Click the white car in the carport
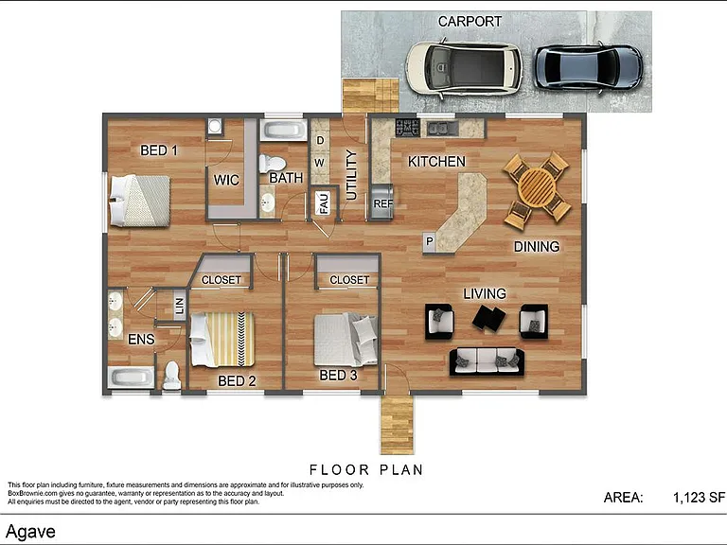(464, 69)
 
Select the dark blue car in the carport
(588, 67)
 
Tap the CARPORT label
(470, 22)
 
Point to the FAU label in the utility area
(324, 202)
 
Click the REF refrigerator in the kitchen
(382, 202)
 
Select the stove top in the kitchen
(408, 128)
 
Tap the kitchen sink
(442, 129)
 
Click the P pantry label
(430, 241)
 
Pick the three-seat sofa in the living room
(487, 361)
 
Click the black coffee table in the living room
(488, 318)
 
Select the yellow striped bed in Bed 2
(222, 340)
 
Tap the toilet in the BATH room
(272, 164)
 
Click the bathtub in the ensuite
(131, 378)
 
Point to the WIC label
(226, 180)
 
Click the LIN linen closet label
(180, 306)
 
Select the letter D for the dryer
(320, 140)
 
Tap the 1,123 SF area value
(699, 498)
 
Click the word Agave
(30, 532)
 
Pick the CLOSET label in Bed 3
(349, 280)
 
